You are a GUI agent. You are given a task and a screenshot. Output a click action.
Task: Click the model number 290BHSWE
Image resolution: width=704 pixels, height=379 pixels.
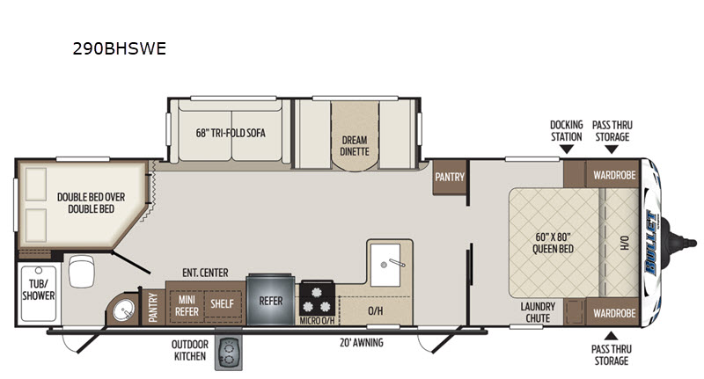pos(120,48)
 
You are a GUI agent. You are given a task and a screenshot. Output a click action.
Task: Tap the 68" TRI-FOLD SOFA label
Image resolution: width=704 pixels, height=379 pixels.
pos(231,133)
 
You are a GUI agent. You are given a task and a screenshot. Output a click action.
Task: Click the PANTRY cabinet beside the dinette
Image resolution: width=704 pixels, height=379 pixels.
pos(450,177)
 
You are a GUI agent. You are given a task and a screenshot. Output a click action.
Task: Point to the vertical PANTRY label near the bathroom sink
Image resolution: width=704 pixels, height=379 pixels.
pos(153,307)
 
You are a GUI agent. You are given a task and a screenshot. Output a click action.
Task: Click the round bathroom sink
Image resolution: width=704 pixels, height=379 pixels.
pos(123,310)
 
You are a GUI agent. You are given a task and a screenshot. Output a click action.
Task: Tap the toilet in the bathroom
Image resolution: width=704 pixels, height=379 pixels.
pos(81,271)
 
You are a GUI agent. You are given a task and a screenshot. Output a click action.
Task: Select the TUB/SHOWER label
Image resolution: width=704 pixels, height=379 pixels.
pos(39,289)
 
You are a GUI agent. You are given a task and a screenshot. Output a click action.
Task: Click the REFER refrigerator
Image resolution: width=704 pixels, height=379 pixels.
pos(271,299)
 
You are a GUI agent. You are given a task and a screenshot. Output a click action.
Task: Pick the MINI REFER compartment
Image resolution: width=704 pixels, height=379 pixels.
pos(187,306)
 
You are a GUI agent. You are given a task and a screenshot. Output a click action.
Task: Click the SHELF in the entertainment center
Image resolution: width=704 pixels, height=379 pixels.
pos(223,304)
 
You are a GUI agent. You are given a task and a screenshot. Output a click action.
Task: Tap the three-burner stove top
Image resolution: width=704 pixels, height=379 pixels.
pos(317,299)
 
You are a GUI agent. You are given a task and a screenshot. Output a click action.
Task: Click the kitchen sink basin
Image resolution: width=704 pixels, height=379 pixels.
pos(385,265)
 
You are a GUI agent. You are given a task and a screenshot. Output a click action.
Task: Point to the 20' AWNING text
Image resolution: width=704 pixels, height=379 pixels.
pos(362,343)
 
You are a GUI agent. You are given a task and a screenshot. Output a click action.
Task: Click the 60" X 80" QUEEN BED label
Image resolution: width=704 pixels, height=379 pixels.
pos(554,243)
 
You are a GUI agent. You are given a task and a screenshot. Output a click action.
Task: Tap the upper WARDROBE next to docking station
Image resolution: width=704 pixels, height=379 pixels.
pos(614,175)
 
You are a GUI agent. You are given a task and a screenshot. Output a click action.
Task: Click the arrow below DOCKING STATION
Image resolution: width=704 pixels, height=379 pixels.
pos(567,149)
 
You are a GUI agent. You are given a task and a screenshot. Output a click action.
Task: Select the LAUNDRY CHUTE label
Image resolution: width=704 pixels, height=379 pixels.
pos(538,313)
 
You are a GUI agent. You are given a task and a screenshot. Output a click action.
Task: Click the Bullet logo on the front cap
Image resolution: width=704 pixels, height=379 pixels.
pos(650,243)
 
